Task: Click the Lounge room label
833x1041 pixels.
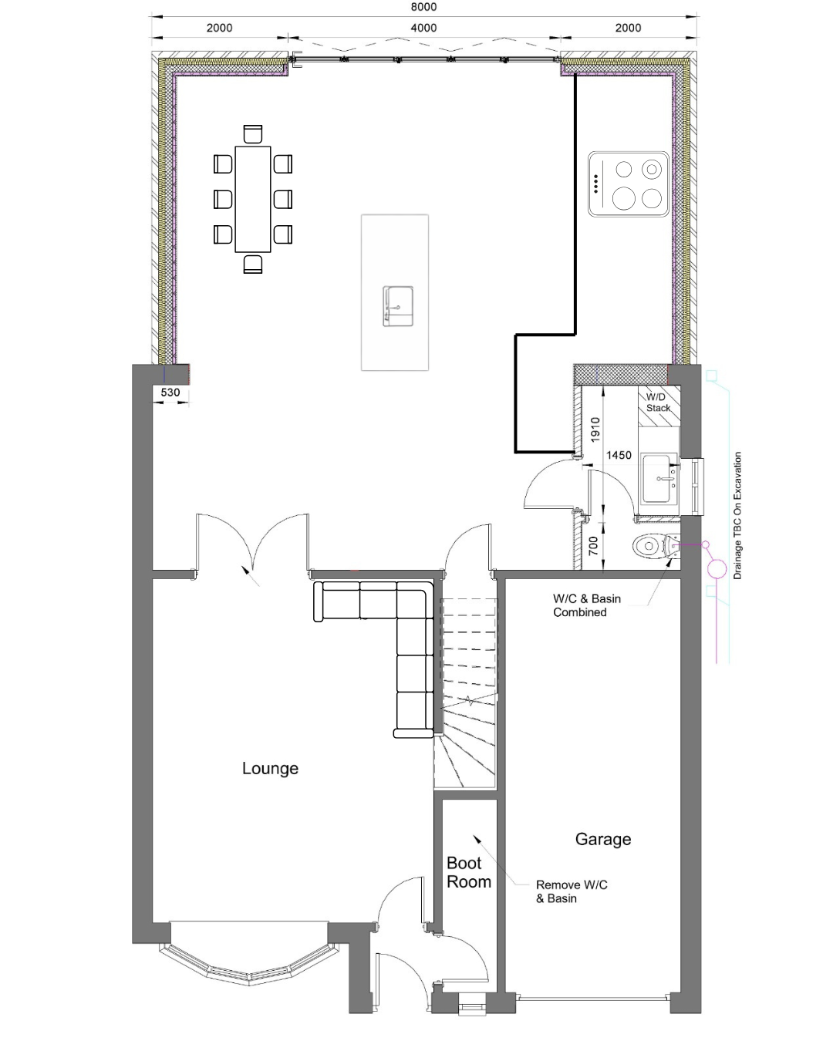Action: click(270, 768)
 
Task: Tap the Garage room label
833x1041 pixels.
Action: click(603, 839)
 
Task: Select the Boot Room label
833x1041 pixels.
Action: click(468, 873)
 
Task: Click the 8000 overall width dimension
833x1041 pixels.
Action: click(423, 7)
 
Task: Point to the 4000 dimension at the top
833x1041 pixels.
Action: click(423, 28)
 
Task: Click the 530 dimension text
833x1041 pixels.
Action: click(170, 392)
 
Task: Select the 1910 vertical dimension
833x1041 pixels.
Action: click(595, 430)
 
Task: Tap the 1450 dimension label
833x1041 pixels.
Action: click(619, 455)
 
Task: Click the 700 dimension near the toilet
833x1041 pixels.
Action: click(593, 546)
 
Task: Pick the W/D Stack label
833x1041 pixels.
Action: click(658, 403)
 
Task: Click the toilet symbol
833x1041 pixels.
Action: click(656, 546)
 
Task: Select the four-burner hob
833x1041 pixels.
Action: click(629, 184)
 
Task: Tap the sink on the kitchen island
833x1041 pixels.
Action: click(398, 306)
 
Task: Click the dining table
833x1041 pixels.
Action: click(253, 199)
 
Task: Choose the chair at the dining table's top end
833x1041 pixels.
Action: click(253, 134)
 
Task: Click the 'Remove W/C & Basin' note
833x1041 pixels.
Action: click(572, 891)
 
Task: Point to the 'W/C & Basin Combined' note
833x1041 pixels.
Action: click(587, 605)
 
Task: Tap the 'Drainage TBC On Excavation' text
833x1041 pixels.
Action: click(737, 516)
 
